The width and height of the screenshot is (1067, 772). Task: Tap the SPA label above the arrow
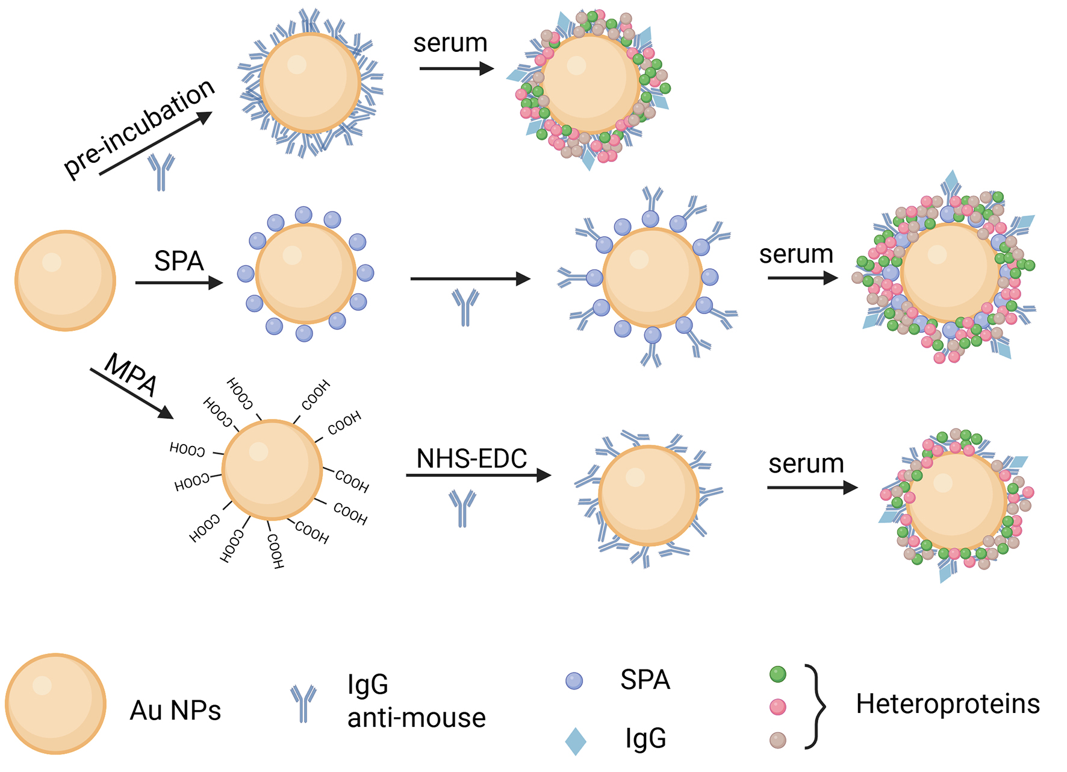[x=179, y=261]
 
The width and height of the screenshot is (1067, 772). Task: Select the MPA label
[x=131, y=374]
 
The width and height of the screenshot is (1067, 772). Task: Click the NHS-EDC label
[x=471, y=459]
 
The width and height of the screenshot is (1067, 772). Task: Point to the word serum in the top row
[x=450, y=43]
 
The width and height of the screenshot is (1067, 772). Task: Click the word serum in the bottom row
[x=806, y=463]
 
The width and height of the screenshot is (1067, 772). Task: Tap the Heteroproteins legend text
[x=948, y=704]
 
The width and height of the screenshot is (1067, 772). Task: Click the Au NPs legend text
[x=175, y=711]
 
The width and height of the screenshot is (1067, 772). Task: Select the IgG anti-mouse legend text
[x=415, y=701]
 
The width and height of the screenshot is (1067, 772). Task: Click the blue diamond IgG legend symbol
[x=576, y=741]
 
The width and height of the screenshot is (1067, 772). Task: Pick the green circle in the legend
[x=778, y=674]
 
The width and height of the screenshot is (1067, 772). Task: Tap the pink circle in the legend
[x=778, y=707]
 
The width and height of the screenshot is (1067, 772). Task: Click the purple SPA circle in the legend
[x=574, y=681]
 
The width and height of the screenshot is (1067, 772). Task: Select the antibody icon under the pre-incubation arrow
[x=161, y=171]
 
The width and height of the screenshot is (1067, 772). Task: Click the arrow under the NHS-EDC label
[x=478, y=475]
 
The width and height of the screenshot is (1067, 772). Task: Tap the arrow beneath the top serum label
[x=456, y=69]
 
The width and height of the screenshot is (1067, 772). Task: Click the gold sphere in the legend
[x=56, y=703]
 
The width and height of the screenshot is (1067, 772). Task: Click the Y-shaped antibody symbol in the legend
[x=303, y=703]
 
